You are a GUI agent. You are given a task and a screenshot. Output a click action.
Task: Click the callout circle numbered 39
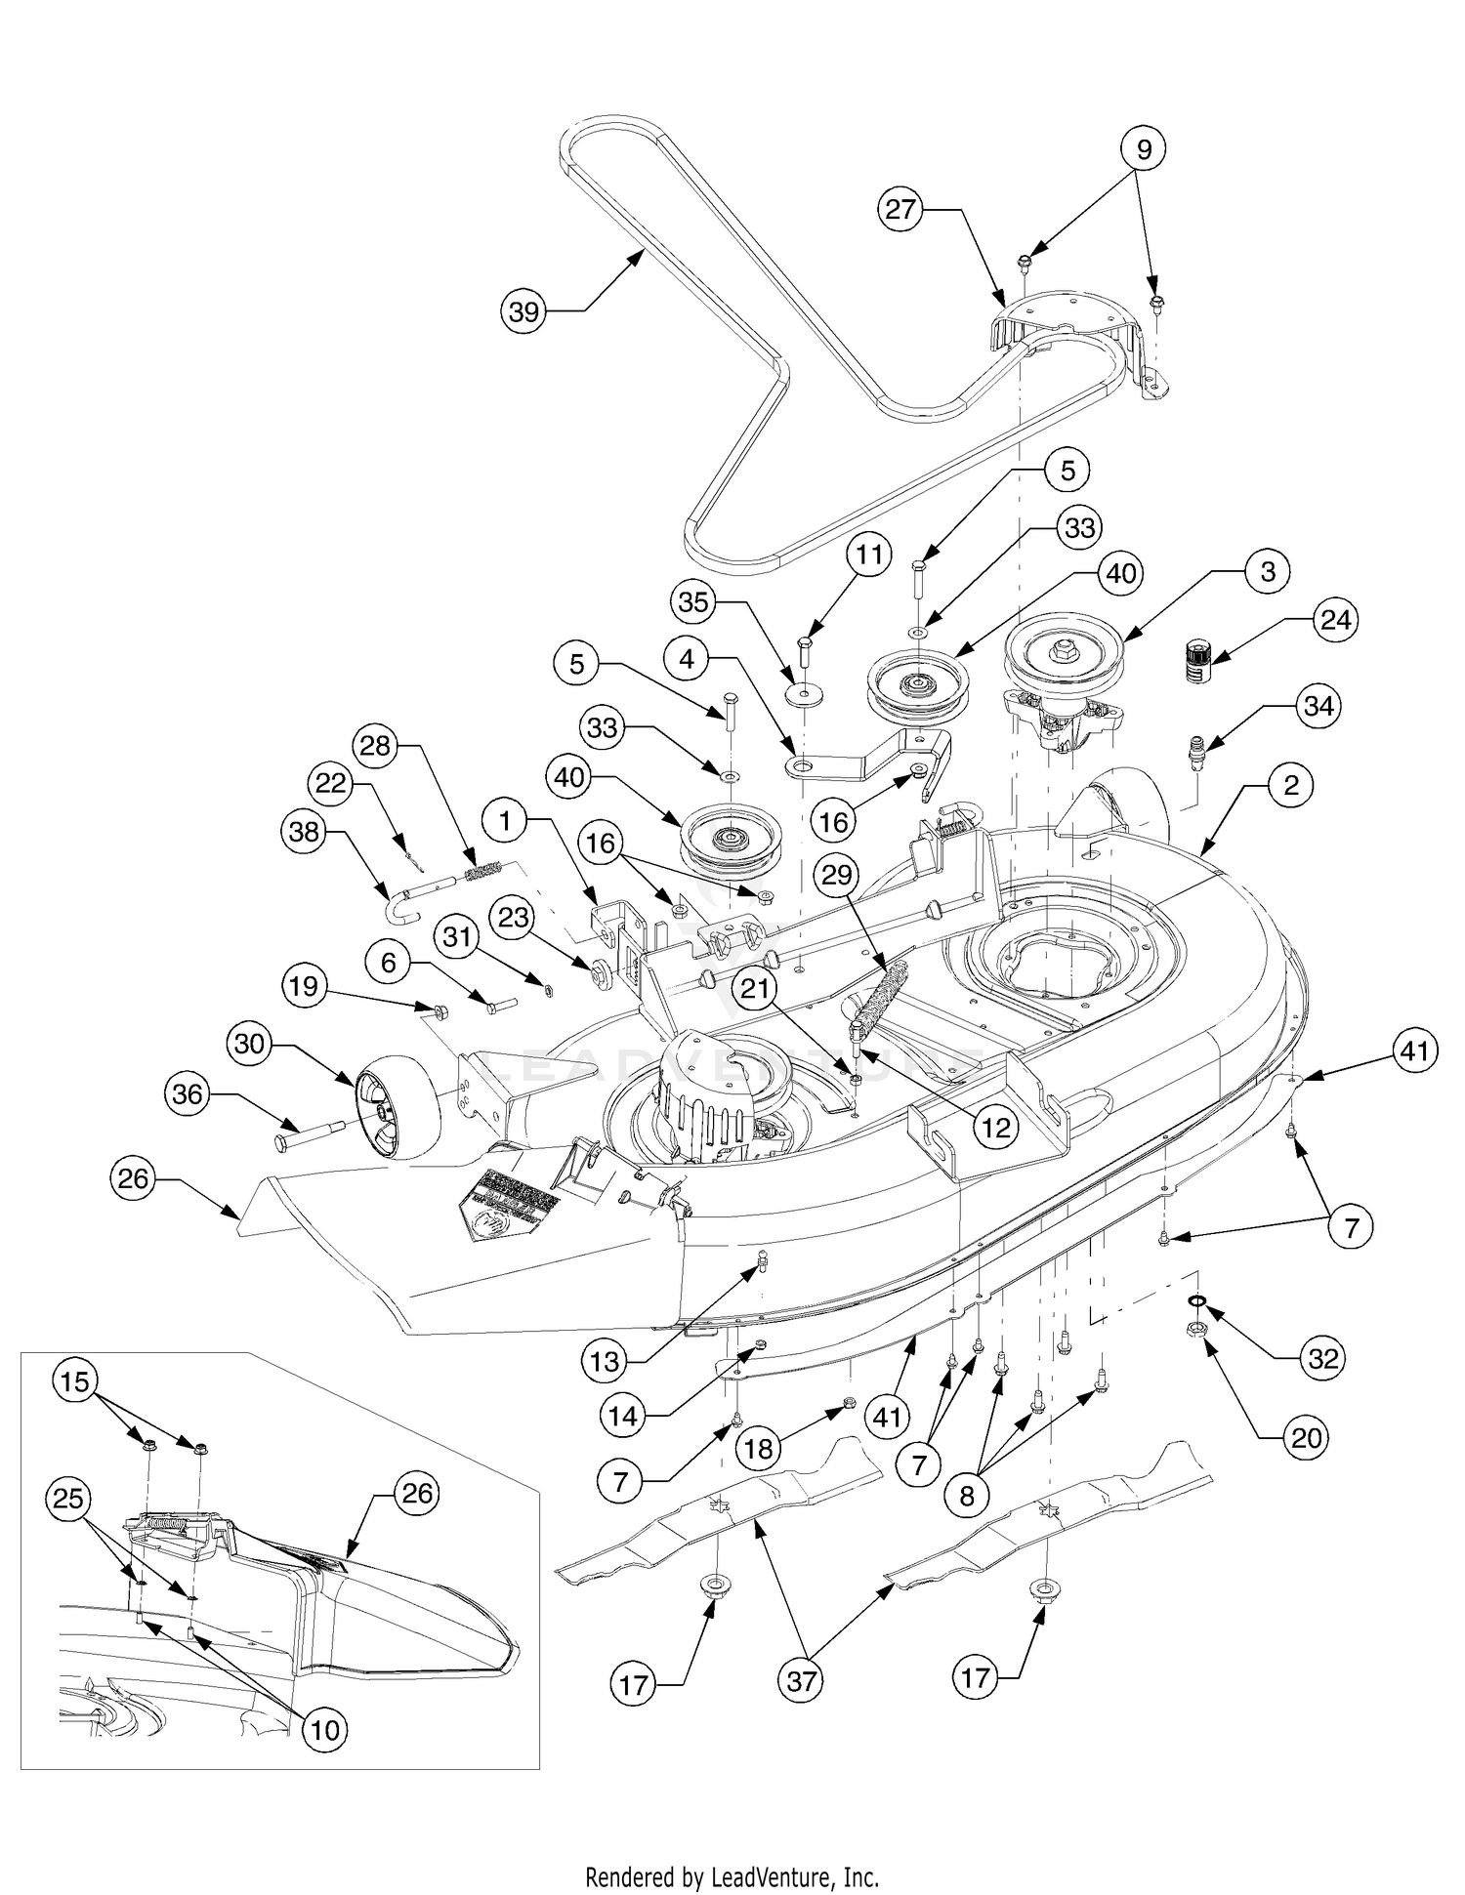point(524,311)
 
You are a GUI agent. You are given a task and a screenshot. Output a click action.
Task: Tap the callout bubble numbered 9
point(1144,149)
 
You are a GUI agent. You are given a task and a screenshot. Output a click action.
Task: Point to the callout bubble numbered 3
point(1268,571)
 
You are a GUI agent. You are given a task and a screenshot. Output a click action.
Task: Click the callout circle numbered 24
point(1335,620)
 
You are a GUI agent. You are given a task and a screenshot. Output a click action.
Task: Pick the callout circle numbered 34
point(1318,706)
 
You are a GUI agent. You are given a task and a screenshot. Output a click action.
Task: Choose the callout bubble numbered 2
point(1291,785)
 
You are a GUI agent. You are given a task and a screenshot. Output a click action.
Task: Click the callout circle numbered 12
point(996,1128)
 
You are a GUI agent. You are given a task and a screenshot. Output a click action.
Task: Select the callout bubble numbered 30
point(250,1044)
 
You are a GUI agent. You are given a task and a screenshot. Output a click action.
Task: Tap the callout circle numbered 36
point(187,1094)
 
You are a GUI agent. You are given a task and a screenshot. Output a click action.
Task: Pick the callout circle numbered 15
point(75,1381)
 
